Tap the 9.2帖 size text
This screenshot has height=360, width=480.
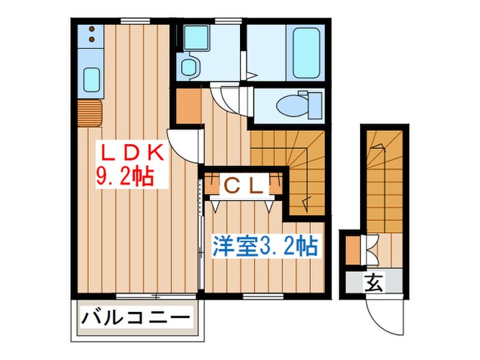click(x=123, y=178)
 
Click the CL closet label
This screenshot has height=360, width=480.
click(x=243, y=185)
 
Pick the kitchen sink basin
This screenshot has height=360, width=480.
click(x=91, y=79)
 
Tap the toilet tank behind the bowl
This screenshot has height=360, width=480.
click(x=313, y=105)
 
